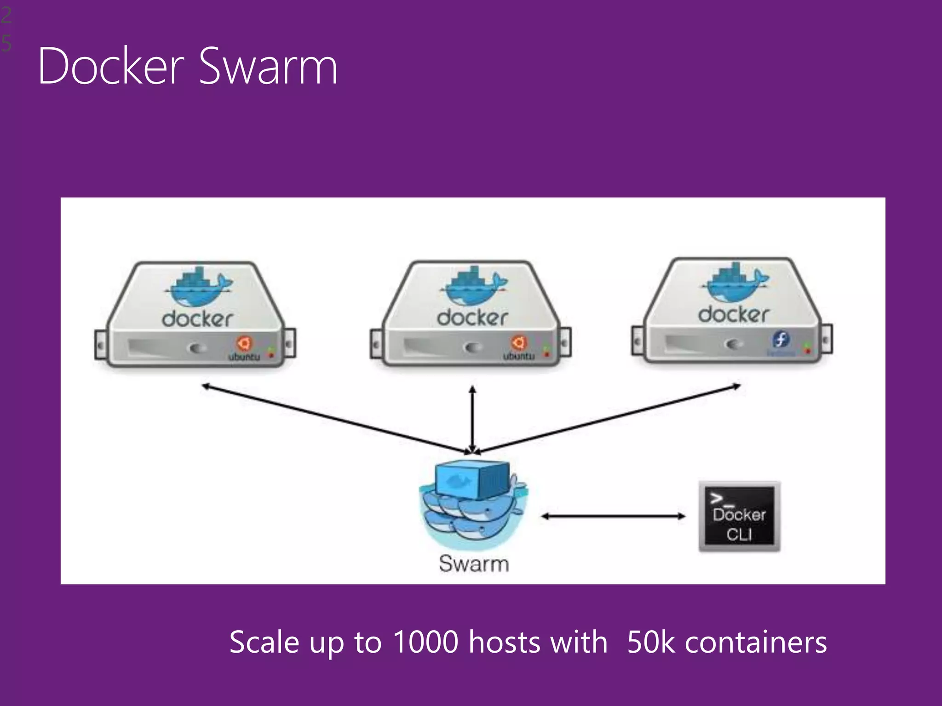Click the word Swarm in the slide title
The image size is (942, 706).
(x=269, y=66)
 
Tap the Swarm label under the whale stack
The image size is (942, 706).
(x=474, y=564)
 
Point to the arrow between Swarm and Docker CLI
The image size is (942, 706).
(x=613, y=516)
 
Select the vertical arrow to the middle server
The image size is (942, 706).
(x=472, y=418)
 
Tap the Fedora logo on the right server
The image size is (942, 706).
(x=781, y=340)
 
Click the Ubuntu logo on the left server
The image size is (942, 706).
(x=244, y=343)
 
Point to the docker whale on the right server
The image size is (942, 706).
(x=735, y=283)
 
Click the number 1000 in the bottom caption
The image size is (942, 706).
(x=426, y=642)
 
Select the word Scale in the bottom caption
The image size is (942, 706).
(x=264, y=642)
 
